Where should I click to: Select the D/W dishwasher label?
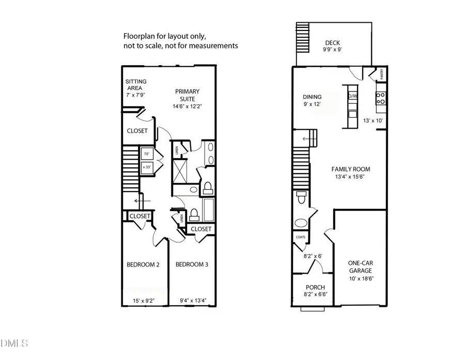click(352, 96)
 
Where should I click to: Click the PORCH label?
click(315, 288)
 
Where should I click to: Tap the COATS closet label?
click(301, 237)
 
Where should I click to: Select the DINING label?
click(312, 97)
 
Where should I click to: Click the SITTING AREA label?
click(136, 85)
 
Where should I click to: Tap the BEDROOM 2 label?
click(143, 265)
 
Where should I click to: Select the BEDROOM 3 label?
click(192, 265)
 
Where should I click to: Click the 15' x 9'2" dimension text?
click(143, 301)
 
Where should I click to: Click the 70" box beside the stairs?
click(147, 154)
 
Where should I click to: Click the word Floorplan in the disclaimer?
click(138, 37)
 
